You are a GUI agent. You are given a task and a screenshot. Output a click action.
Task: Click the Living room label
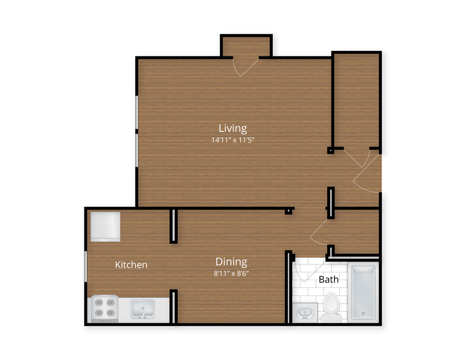[x=232, y=128]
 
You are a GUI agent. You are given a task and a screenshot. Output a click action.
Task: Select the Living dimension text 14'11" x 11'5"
[x=232, y=140]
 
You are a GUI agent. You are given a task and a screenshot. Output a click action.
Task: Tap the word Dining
[x=231, y=262]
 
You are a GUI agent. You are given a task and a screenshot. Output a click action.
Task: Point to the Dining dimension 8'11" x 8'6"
[x=231, y=273]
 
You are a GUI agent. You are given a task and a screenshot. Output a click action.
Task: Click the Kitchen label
[x=131, y=265]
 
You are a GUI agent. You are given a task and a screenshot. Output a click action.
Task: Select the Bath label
[x=328, y=279]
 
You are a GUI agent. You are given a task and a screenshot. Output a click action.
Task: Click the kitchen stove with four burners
[x=105, y=308]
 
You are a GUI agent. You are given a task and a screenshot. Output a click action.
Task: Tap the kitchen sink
[x=143, y=309]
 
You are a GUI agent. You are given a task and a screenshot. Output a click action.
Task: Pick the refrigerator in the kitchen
[x=105, y=226]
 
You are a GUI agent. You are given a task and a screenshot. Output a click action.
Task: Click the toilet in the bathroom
[x=332, y=308]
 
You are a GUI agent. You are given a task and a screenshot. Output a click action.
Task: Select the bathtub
[x=363, y=293]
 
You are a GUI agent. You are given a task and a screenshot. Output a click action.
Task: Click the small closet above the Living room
[x=246, y=47]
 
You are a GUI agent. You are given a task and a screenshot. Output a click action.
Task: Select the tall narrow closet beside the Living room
[x=357, y=100]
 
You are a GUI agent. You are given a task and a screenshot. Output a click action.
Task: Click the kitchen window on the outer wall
[x=85, y=266]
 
